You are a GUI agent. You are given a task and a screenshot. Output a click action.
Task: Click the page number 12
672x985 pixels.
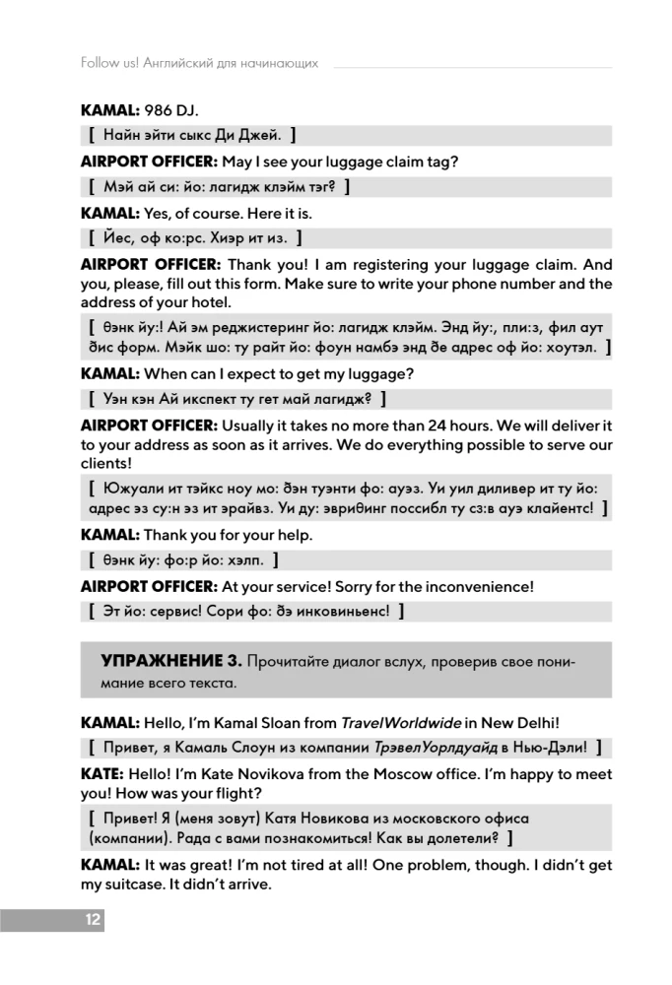coord(92,920)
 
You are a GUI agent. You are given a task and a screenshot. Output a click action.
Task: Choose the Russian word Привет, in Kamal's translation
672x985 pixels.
coord(131,748)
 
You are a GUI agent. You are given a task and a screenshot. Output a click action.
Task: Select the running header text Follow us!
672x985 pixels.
coord(109,63)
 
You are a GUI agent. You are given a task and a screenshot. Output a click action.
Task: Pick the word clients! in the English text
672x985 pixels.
coord(105,463)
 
